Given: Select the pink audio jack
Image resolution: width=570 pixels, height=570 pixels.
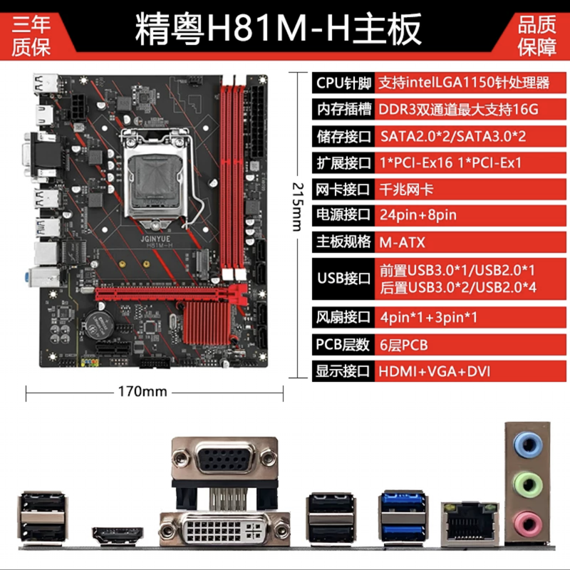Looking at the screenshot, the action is (528, 525).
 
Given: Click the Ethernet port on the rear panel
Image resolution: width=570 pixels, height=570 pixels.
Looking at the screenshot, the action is (470, 524).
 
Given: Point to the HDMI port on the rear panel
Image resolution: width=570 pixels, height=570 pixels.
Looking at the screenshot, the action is (118, 536).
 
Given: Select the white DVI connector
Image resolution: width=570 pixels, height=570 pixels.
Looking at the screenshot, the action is (224, 529).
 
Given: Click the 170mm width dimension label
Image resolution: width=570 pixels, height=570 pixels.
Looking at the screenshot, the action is (142, 391).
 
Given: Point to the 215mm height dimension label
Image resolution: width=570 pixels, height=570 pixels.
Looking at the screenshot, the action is (297, 207).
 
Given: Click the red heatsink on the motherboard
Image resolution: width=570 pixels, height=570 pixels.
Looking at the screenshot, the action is (207, 323).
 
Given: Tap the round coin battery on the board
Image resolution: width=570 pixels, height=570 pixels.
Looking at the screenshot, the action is (99, 325).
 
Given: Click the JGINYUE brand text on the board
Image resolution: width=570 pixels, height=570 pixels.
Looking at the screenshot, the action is (155, 239).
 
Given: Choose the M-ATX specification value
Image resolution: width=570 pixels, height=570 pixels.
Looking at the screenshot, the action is (402, 242).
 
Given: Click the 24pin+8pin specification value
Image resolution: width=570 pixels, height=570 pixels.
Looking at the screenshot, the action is (418, 215).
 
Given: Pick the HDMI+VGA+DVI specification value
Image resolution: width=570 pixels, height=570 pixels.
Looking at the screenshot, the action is (435, 371).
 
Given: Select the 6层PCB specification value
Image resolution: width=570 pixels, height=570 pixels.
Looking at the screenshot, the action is (403, 345).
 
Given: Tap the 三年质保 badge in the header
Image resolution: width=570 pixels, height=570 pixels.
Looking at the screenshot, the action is (31, 36).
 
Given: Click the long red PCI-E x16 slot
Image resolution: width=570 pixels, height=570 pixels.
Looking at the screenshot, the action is (171, 294).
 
